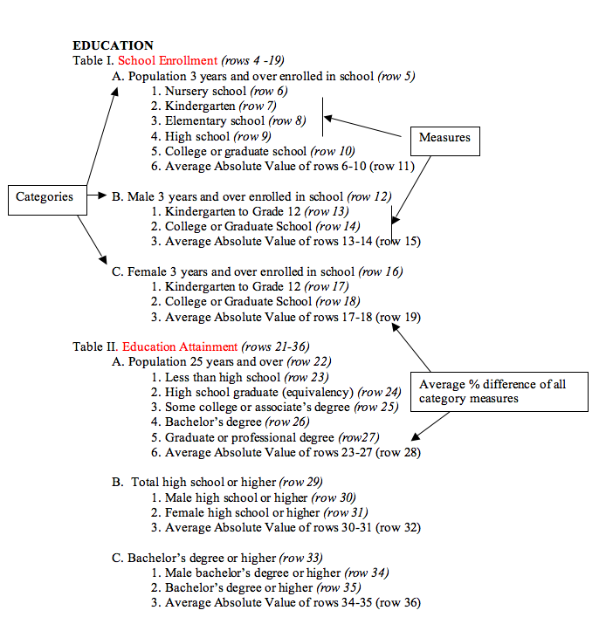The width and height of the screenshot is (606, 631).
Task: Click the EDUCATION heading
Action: [x=113, y=45]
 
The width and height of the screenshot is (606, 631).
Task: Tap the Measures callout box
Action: [x=444, y=138]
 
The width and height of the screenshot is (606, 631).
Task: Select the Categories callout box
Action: [x=45, y=197]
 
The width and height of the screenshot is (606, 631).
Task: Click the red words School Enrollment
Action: [x=168, y=60]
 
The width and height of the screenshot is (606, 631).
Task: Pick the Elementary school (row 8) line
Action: [x=228, y=121]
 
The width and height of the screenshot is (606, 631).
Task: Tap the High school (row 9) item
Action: [x=210, y=136]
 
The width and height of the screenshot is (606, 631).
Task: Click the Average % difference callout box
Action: [x=501, y=391]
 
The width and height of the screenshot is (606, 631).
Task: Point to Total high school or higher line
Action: [x=213, y=482]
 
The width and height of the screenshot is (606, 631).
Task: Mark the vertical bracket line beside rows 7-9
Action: [x=323, y=117]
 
